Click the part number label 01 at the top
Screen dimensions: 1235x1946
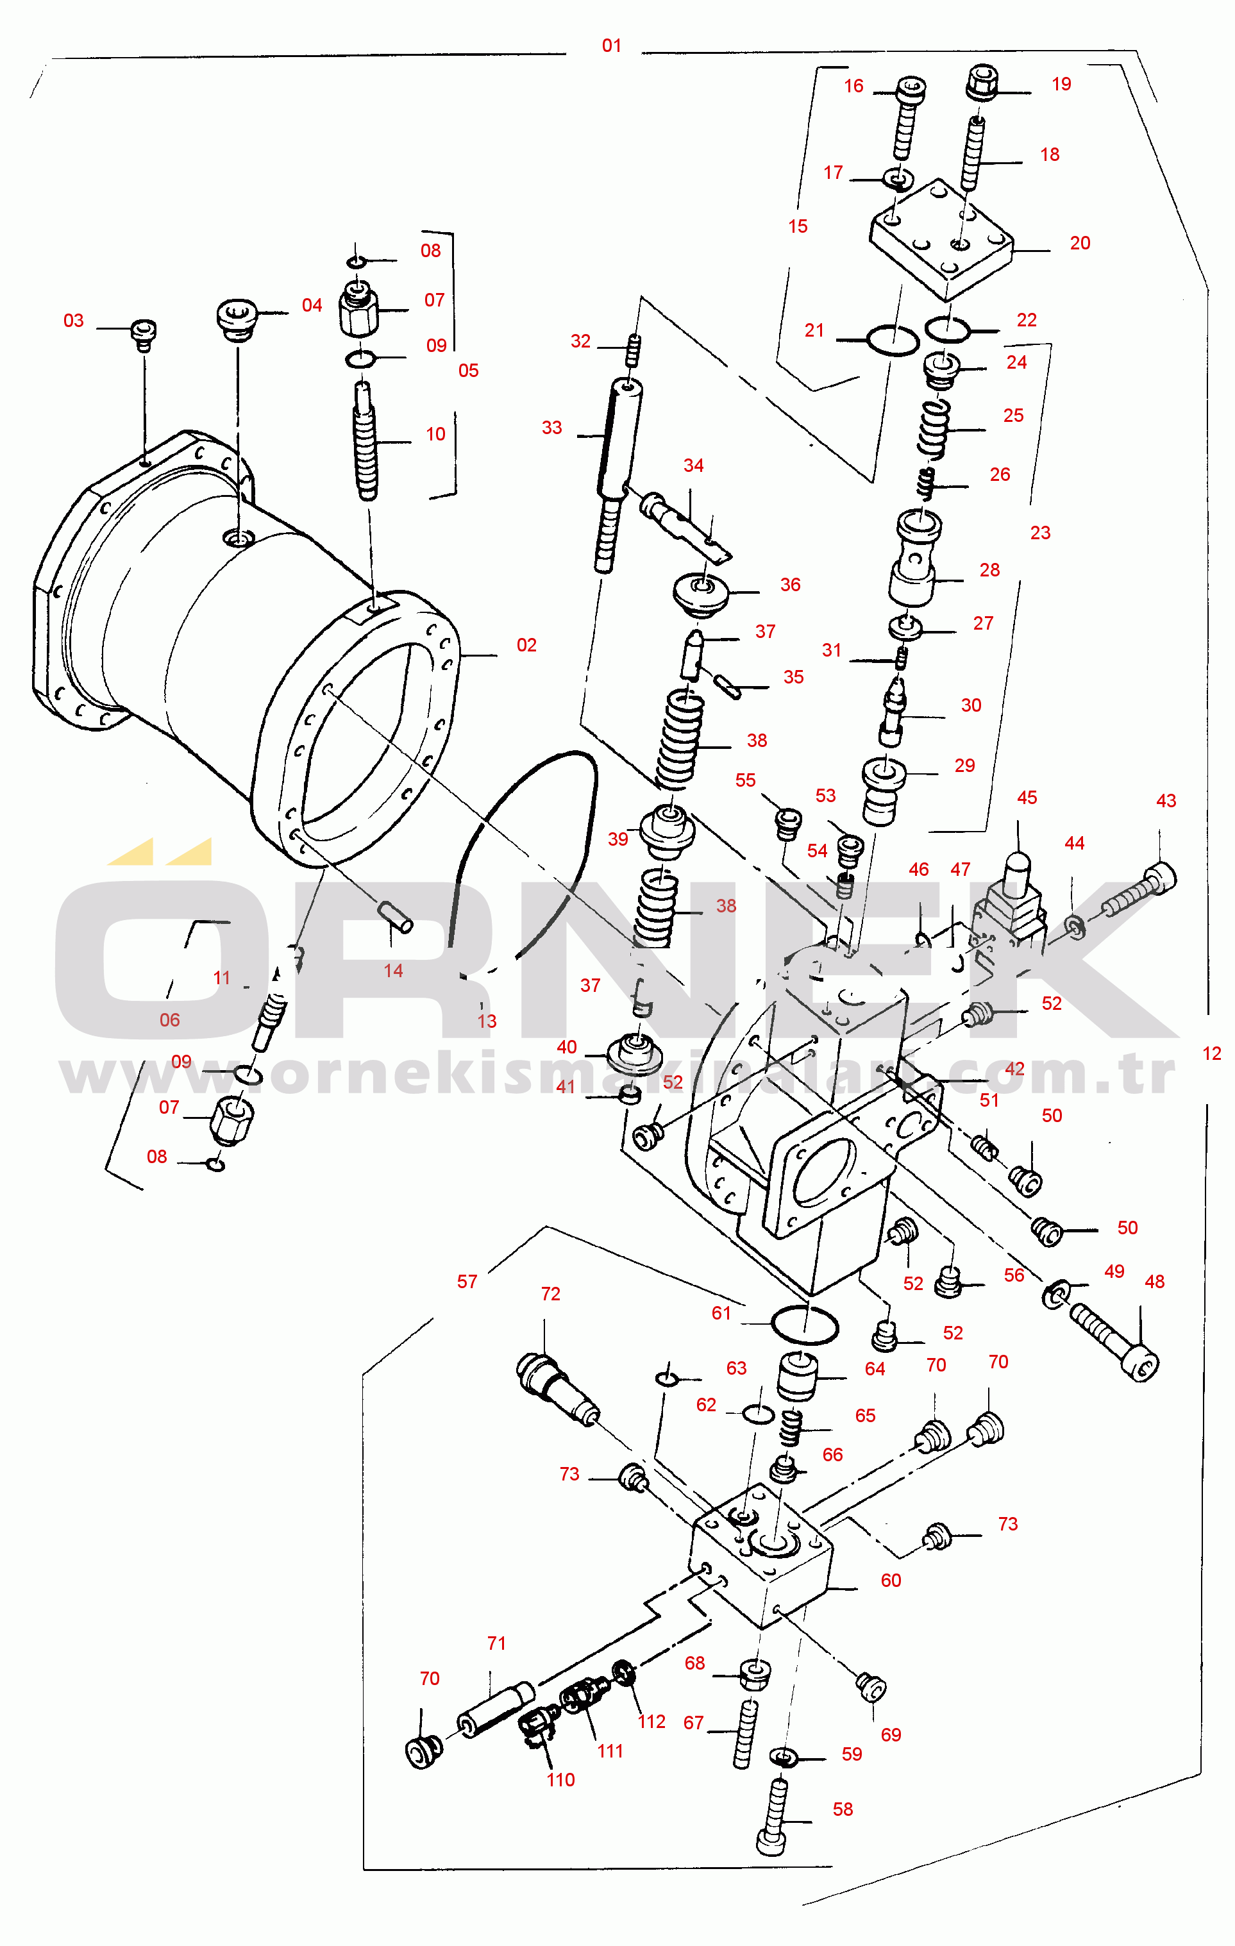coord(612,46)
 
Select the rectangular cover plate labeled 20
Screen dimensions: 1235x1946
coord(941,239)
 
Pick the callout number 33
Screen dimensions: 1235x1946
coord(552,428)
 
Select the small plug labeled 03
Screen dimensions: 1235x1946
coord(144,334)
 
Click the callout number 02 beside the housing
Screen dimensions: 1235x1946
coord(526,645)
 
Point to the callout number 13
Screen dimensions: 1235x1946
coord(487,1021)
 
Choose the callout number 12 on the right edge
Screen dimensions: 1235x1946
coord(1211,1053)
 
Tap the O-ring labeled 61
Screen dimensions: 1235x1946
coord(804,1325)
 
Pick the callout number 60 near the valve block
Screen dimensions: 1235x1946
coord(891,1580)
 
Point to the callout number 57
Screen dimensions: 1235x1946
coord(467,1281)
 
